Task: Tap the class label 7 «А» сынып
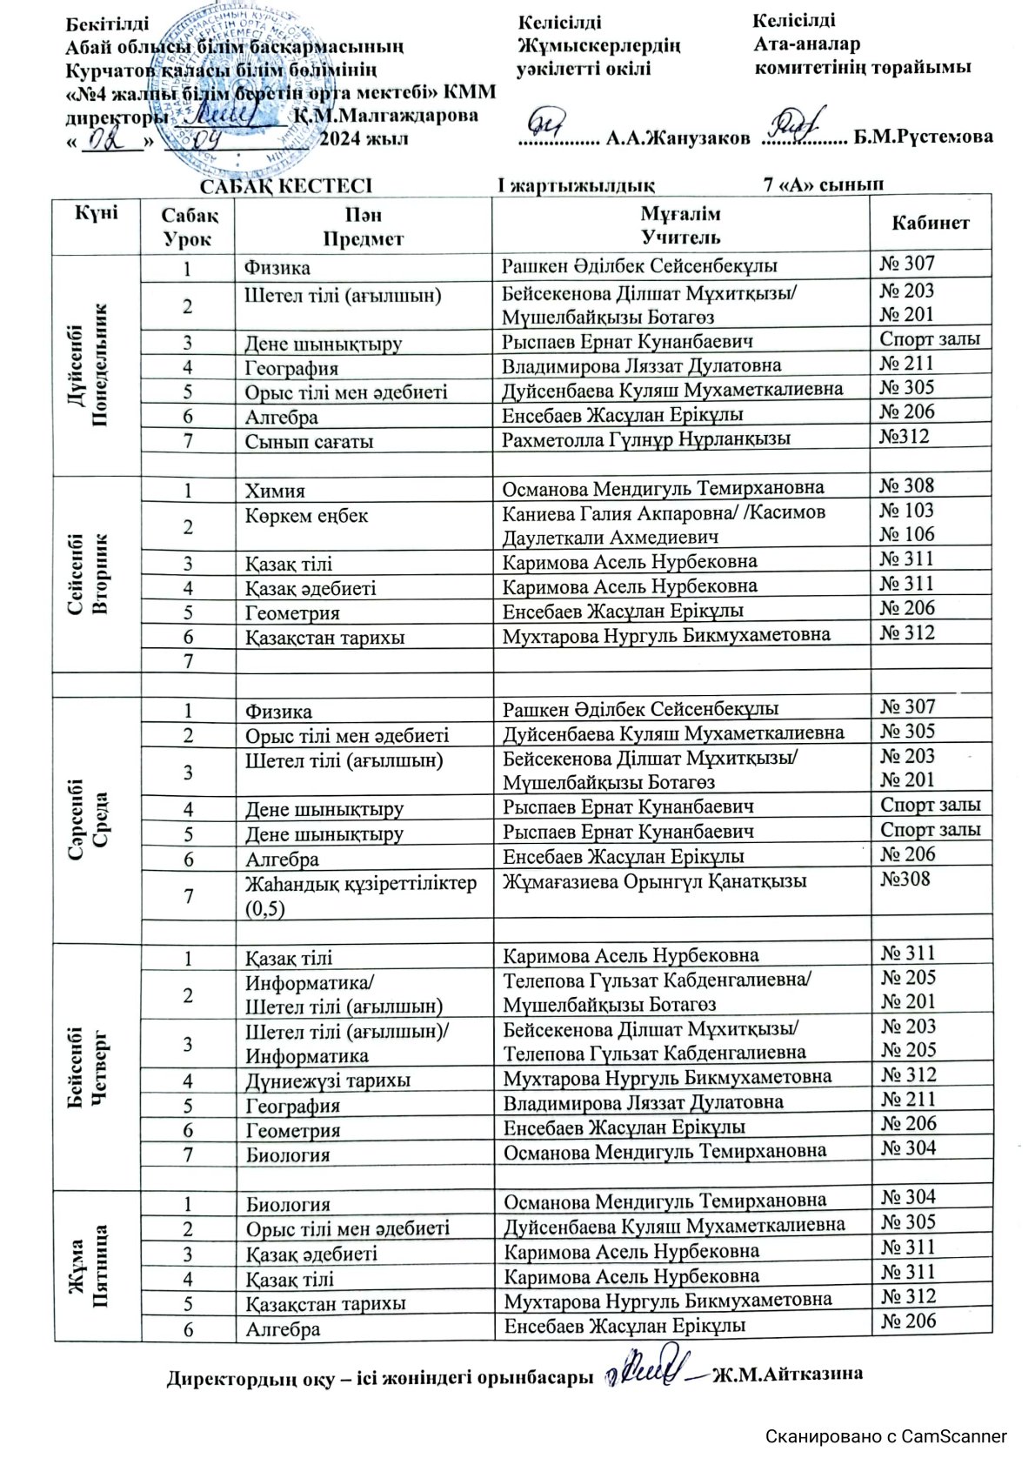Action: [x=823, y=184]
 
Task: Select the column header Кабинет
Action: [x=930, y=223]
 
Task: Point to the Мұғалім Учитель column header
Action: [x=680, y=224]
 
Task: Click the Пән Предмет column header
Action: [x=363, y=224]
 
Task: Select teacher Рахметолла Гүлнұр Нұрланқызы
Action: [x=646, y=439]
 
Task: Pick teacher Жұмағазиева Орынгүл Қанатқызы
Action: [x=655, y=881]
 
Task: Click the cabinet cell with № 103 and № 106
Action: [x=907, y=522]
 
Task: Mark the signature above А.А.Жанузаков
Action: [x=551, y=119]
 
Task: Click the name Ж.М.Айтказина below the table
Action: [x=788, y=1375]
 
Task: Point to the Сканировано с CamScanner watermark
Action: [x=886, y=1436]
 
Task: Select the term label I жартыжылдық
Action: [x=576, y=184]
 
